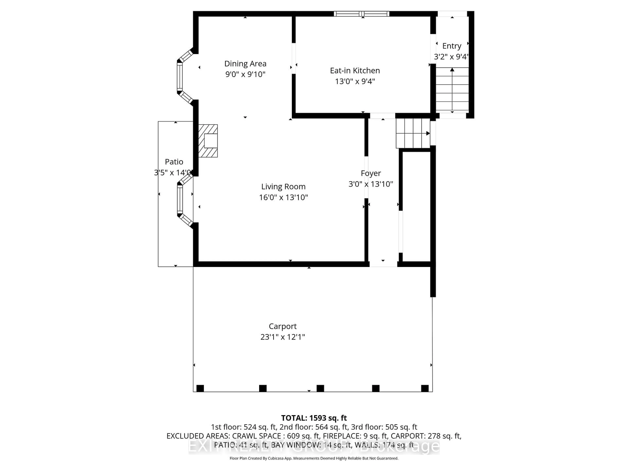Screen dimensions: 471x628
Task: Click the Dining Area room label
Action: [x=245, y=64]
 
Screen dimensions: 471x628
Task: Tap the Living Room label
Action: [x=283, y=187]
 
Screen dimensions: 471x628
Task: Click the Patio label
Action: [x=174, y=162]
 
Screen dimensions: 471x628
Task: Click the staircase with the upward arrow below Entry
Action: [x=452, y=89]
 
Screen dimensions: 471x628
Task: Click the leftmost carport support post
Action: [x=200, y=388]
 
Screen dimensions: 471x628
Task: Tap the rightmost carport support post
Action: [x=425, y=388]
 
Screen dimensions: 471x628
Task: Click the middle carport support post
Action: [x=320, y=388]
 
